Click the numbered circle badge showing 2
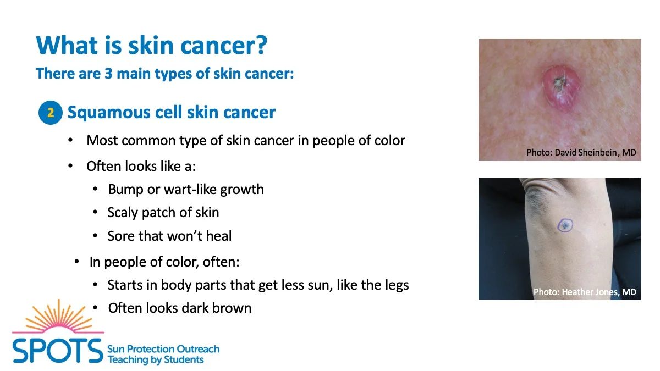click(51, 113)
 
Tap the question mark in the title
click(261, 45)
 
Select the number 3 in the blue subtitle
click(108, 73)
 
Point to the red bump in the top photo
click(560, 88)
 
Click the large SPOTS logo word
click(57, 351)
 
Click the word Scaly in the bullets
click(123, 213)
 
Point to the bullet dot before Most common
click(70, 140)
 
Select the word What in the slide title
click(67, 45)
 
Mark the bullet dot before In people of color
click(76, 261)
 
